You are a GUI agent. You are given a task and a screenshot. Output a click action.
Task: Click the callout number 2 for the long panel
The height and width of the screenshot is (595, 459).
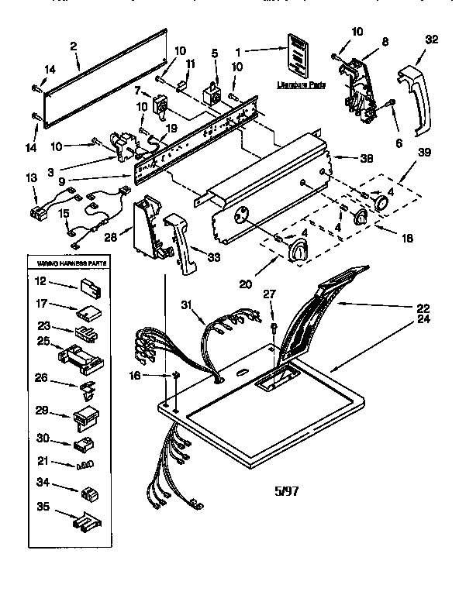tap(73, 46)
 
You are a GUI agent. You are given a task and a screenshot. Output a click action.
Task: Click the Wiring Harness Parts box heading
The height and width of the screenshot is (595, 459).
tap(68, 263)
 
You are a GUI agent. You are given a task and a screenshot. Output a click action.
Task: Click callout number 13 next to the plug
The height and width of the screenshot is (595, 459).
tap(30, 177)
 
